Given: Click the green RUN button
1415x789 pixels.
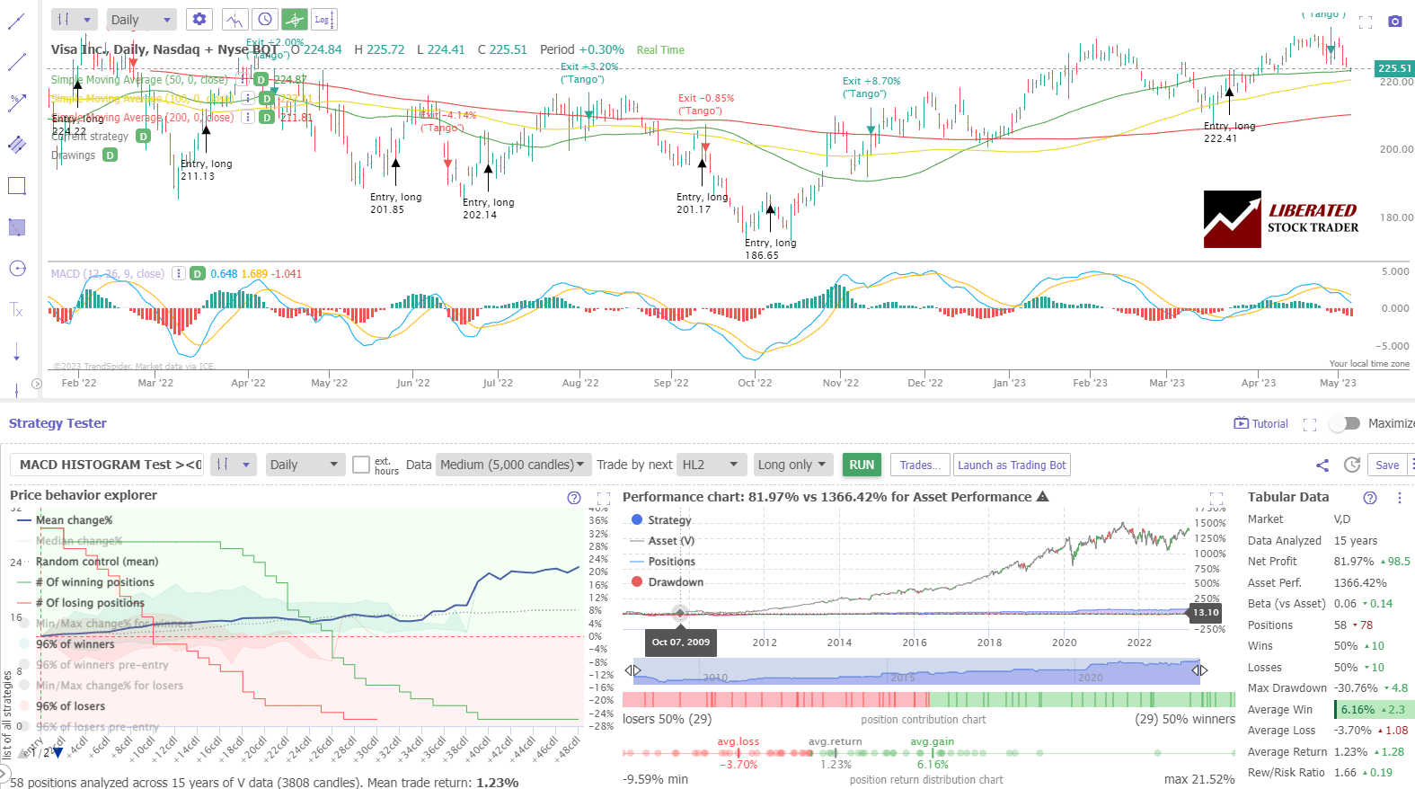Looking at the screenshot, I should click(862, 465).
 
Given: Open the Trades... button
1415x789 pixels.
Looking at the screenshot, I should click(920, 465).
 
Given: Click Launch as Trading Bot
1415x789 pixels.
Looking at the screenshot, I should click(1012, 465).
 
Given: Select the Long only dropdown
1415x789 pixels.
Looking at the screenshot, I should click(792, 465).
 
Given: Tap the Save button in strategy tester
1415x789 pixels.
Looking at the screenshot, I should click(1387, 465).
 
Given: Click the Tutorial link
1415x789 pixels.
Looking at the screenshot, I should click(1262, 423).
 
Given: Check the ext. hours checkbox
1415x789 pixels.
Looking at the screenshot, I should click(361, 465).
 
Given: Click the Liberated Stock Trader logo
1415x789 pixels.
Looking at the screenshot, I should click(1281, 219).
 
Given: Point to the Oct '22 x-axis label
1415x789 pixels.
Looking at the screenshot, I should click(755, 383).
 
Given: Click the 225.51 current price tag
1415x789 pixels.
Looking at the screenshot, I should click(1394, 68).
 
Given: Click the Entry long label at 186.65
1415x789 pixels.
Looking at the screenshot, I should click(770, 249).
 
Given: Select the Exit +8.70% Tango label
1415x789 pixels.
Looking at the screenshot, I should click(871, 87).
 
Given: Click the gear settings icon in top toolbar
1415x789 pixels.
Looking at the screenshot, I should click(199, 19).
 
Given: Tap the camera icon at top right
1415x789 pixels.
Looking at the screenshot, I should click(1394, 21).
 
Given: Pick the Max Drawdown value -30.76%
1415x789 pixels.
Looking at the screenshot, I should click(1356, 688).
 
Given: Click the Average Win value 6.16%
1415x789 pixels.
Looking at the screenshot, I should click(1358, 710).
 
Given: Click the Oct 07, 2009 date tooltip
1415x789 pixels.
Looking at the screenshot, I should click(680, 642).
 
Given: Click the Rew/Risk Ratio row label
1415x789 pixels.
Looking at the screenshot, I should click(1286, 773).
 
